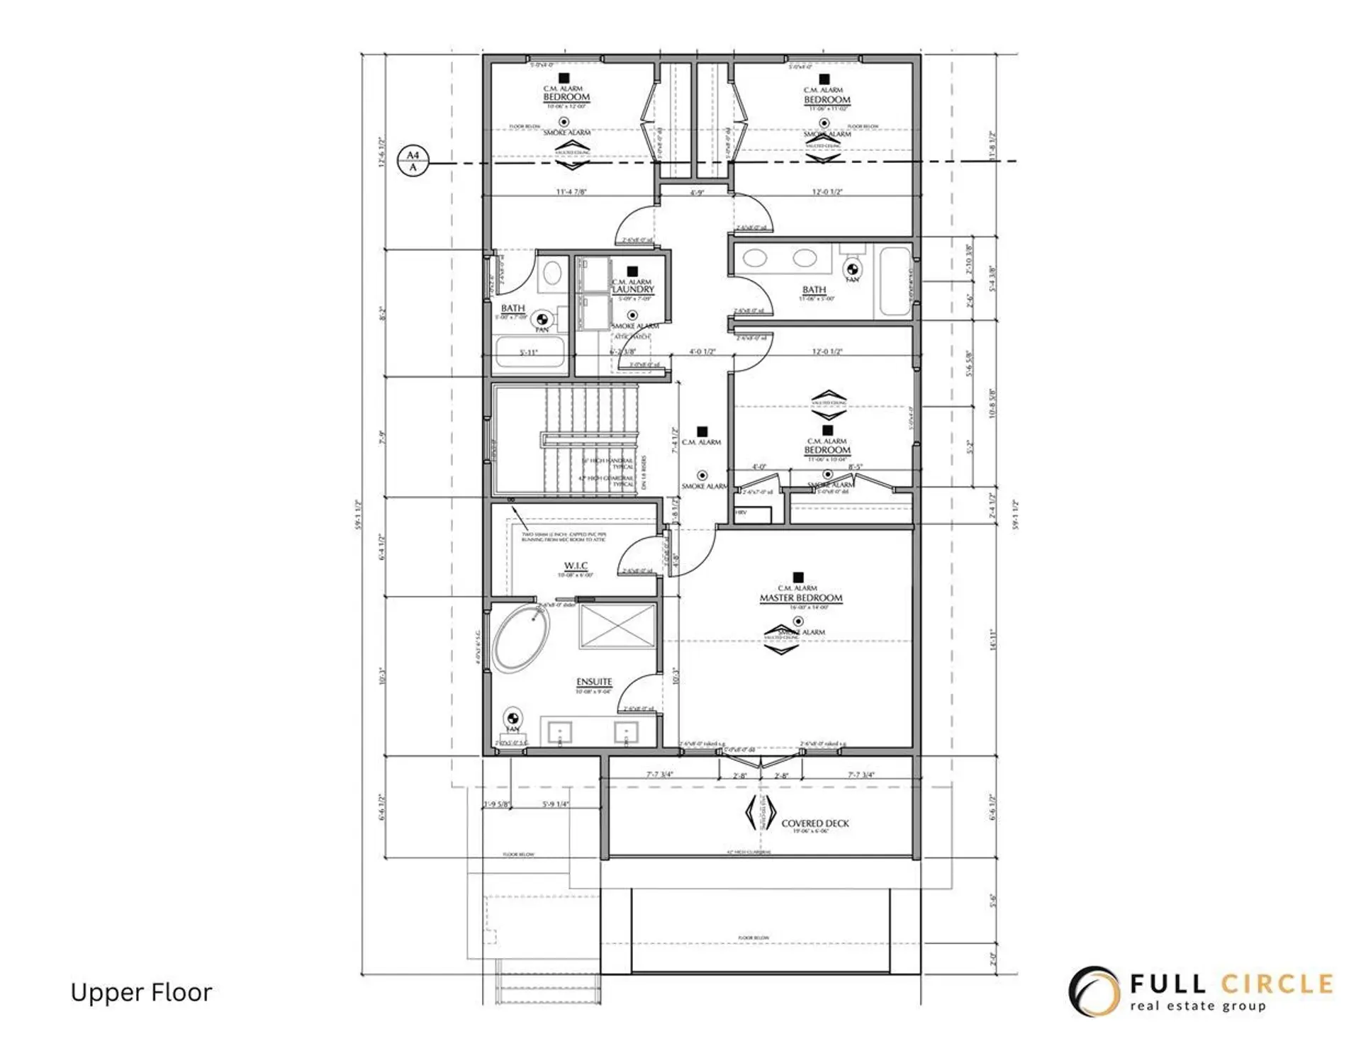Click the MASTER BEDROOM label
(801, 598)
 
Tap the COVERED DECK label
(814, 823)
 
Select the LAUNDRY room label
(633, 290)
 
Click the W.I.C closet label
(576, 565)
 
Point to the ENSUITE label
(594, 682)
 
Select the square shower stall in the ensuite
(617, 625)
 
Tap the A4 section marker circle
(413, 161)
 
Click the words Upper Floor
(141, 993)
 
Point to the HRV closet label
(741, 512)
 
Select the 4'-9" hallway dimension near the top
(697, 192)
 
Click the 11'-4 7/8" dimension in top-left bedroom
(571, 191)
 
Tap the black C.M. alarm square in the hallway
(702, 431)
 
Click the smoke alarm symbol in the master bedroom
(798, 621)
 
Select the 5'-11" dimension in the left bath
(529, 352)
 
